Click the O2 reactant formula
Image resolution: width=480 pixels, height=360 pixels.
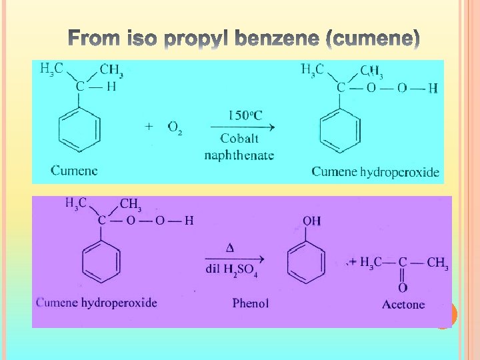(x=175, y=127)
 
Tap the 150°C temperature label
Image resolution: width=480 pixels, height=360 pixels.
(x=245, y=115)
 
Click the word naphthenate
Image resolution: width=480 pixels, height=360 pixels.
(x=239, y=155)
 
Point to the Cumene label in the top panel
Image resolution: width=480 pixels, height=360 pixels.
(x=74, y=171)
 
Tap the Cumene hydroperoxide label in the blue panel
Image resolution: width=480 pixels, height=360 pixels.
(x=375, y=172)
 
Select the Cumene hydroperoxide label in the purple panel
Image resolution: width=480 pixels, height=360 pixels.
(x=97, y=303)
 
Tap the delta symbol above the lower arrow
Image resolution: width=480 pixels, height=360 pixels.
(x=231, y=248)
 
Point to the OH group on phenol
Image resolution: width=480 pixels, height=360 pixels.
(x=311, y=221)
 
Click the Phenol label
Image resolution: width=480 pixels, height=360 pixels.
(x=251, y=303)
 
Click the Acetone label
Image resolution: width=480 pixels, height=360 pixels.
(x=403, y=305)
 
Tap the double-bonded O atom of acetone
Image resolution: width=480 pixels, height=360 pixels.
(x=403, y=288)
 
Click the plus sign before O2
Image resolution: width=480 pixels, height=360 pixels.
(x=149, y=126)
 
